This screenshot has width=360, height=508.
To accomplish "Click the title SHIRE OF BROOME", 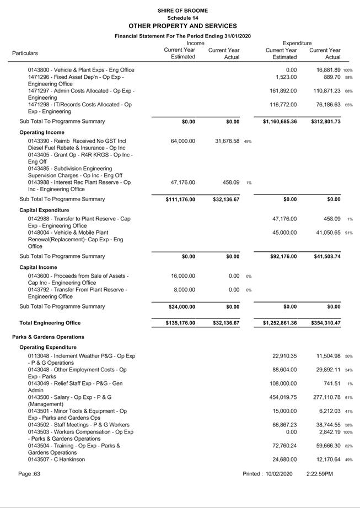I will pos(182,10).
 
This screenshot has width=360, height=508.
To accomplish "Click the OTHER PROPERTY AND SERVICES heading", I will pos(182,26).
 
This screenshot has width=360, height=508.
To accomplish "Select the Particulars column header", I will pos(25,53).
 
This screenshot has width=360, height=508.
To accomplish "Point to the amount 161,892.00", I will pos(283,90).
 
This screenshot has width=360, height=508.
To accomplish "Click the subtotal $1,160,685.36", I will pos(280,121).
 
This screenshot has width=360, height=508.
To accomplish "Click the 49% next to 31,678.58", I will pos(248,142).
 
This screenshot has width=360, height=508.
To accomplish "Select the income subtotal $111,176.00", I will pos(180,199).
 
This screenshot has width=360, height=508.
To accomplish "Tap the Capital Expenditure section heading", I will pos(44,210).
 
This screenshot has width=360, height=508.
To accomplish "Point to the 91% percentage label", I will pos(350,233).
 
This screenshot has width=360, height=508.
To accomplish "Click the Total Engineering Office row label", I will pos(50,323).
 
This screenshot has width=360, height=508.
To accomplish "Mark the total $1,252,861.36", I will pos(280,323).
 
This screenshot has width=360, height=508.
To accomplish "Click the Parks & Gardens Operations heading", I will pos(48,337).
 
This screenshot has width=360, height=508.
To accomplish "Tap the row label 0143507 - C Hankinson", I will pos(56,459).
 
